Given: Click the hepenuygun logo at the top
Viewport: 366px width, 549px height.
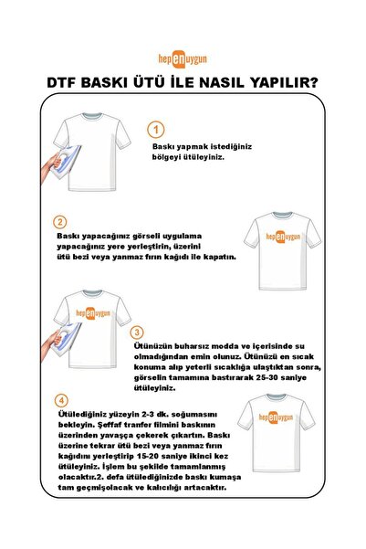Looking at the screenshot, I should (183, 56).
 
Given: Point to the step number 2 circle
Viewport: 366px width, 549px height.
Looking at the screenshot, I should (60, 222).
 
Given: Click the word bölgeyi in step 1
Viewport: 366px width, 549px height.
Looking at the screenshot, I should (169, 157).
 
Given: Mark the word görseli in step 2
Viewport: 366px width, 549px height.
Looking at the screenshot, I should (143, 235).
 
